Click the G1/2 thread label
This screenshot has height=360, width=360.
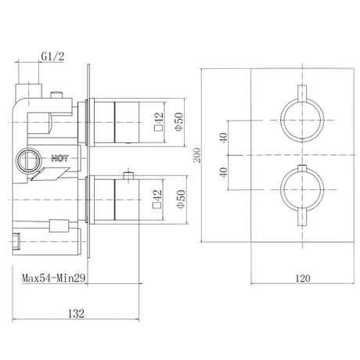(x=52, y=57)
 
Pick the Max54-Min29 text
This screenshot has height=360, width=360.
(x=54, y=277)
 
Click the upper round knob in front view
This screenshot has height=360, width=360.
(x=291, y=121)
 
